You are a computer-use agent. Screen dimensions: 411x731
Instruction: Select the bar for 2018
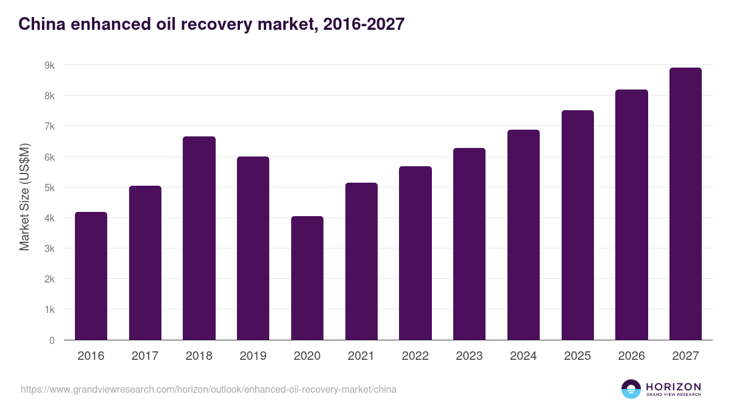(199, 238)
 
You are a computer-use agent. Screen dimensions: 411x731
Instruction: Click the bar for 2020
(307, 278)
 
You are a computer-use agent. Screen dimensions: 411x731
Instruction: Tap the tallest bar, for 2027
(685, 204)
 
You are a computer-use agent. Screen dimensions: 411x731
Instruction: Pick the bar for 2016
(91, 276)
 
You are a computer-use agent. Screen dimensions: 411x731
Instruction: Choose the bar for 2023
(469, 244)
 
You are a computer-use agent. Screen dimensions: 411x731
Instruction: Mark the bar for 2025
(577, 225)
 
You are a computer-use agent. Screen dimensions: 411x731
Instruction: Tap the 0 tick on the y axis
(52, 340)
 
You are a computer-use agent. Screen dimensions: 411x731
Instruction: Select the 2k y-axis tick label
(49, 279)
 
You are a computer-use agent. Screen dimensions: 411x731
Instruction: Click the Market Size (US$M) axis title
(24, 197)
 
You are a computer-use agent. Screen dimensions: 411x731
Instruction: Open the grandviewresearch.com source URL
(208, 389)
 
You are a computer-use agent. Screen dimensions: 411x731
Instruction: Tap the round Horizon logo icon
(631, 389)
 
